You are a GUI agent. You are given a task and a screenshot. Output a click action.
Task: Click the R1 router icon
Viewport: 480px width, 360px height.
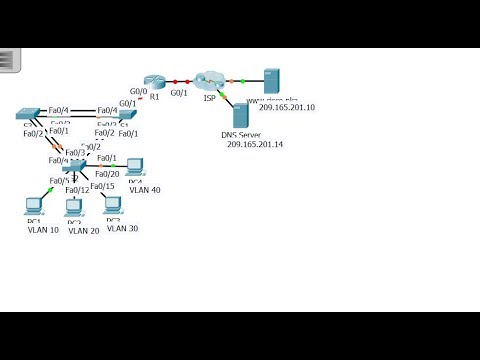[153, 81]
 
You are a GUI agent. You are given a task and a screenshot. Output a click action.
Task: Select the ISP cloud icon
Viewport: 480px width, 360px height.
[210, 79]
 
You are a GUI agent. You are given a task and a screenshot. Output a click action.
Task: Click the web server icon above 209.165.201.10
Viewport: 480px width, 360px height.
[271, 81]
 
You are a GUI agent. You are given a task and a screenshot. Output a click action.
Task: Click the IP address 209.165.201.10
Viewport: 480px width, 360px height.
[287, 108]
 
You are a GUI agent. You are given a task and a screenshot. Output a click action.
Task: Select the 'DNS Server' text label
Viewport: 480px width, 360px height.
[241, 135]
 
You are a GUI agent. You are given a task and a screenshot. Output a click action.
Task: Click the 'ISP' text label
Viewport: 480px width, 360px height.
[208, 99]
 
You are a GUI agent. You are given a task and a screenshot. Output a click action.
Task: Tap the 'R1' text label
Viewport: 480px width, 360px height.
[154, 97]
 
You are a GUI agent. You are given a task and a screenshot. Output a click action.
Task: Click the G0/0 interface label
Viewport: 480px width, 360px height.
[139, 90]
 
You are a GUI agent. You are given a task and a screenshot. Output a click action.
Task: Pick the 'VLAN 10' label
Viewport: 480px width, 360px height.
[42, 230]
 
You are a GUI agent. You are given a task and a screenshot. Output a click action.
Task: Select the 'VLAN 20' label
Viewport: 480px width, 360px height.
[81, 230]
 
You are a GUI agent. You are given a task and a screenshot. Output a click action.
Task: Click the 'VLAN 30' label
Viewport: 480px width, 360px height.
[122, 229]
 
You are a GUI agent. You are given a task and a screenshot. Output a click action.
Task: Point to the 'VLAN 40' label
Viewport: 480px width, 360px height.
[145, 189]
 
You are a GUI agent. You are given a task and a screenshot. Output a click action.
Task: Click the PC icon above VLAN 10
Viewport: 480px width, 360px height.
[33, 207]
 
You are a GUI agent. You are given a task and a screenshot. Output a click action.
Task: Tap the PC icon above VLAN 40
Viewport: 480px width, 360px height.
[135, 167]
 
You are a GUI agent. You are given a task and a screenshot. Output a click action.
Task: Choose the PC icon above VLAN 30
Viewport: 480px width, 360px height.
[112, 205]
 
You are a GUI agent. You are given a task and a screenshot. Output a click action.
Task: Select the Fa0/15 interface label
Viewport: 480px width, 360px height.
[102, 186]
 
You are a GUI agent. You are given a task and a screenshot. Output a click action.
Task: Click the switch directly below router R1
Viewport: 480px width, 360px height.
[127, 115]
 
